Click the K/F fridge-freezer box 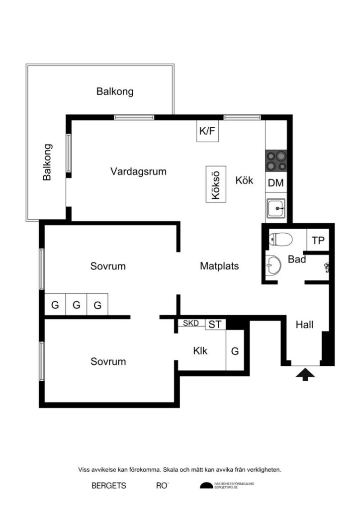pos(208,131)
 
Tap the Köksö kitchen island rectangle pos(216,183)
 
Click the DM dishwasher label pos(276,183)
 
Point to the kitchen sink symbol pos(276,208)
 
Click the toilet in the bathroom pos(280,240)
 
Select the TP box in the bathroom pos(318,241)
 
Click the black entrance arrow pos(305,374)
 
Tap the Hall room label pos(304,325)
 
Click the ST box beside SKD pos(215,325)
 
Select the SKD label pos(191,324)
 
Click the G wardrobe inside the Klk pos(235,351)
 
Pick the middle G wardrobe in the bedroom pos(76,305)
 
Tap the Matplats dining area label pos(219,266)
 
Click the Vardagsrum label pos(138,171)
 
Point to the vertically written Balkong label pos(47,162)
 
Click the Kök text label pos(244,180)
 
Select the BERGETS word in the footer pos(109,486)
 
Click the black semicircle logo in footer pos(206,486)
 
